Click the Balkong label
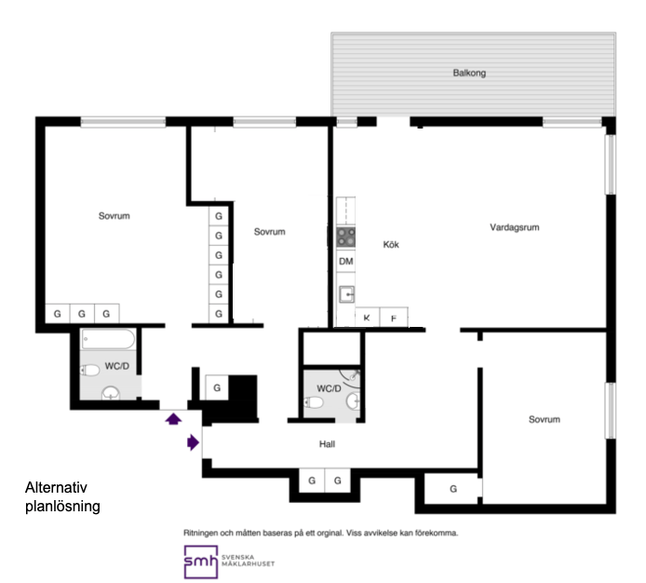pos(469,73)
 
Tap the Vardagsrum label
pos(515,227)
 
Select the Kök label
pos(391,245)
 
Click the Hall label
pos(327,444)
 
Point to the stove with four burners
pos(345,237)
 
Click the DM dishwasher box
pos(345,262)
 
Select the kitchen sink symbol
pos(346,295)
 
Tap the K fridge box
pos(367,317)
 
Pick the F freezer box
pos(394,317)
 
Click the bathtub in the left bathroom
pos(108,339)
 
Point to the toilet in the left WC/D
pos(90,370)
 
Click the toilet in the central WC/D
pos(314,402)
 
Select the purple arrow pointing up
pos(173,419)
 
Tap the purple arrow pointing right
pos(194,442)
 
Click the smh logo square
pos(201,562)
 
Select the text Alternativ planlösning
pos(62,496)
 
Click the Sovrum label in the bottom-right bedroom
pos(545,419)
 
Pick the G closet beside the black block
pos(217,387)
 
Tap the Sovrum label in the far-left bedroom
pos(114,216)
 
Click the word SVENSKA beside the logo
pos(237,558)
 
